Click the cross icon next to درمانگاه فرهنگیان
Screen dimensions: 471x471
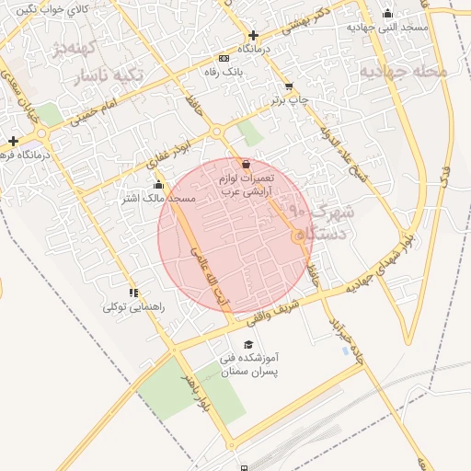click(13, 141)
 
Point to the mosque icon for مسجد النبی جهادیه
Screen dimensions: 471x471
click(387, 13)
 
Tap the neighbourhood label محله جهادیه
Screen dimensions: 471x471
click(403, 70)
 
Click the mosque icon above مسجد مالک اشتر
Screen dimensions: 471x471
click(158, 183)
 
